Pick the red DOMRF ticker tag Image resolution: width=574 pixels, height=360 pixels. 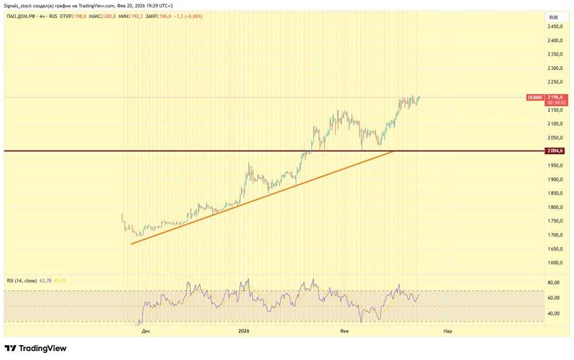coord(534,98)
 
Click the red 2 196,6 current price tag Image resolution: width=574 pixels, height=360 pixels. coord(557,98)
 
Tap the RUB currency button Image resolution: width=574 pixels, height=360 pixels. coord(553,17)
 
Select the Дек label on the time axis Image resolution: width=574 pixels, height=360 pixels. coord(146,331)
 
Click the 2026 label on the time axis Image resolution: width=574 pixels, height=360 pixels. coord(244,331)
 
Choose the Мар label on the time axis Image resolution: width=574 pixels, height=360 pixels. coord(447,331)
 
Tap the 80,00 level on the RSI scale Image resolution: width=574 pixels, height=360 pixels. coord(554,282)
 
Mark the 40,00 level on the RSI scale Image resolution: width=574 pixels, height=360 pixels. coord(554,313)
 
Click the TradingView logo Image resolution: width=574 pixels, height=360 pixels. coord(36,348)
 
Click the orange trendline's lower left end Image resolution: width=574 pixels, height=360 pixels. coord(132,244)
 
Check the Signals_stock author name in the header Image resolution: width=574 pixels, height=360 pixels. coord(18,5)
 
